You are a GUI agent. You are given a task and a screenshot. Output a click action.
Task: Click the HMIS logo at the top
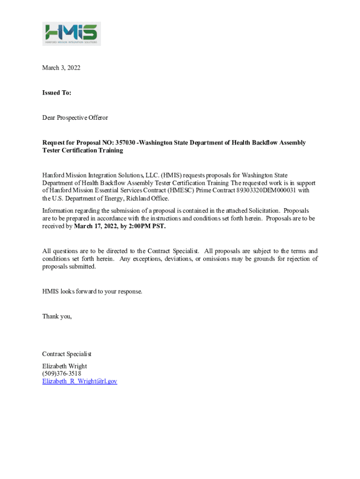72,34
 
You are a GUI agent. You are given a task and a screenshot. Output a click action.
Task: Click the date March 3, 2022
61,68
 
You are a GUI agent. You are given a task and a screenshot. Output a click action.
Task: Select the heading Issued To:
57,93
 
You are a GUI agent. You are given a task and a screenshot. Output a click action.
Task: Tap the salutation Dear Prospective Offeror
75,117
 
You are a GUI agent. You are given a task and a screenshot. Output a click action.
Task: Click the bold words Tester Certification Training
83,151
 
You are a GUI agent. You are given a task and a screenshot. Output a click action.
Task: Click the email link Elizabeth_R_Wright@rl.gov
79,381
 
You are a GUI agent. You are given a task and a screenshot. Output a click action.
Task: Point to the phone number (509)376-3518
62,374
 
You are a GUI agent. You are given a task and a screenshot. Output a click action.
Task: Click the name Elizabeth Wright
65,366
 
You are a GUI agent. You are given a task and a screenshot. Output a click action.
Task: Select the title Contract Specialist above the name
67,354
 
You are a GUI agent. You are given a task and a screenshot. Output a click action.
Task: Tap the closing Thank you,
57,316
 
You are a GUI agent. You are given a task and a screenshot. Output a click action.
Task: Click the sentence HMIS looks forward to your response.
92,291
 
